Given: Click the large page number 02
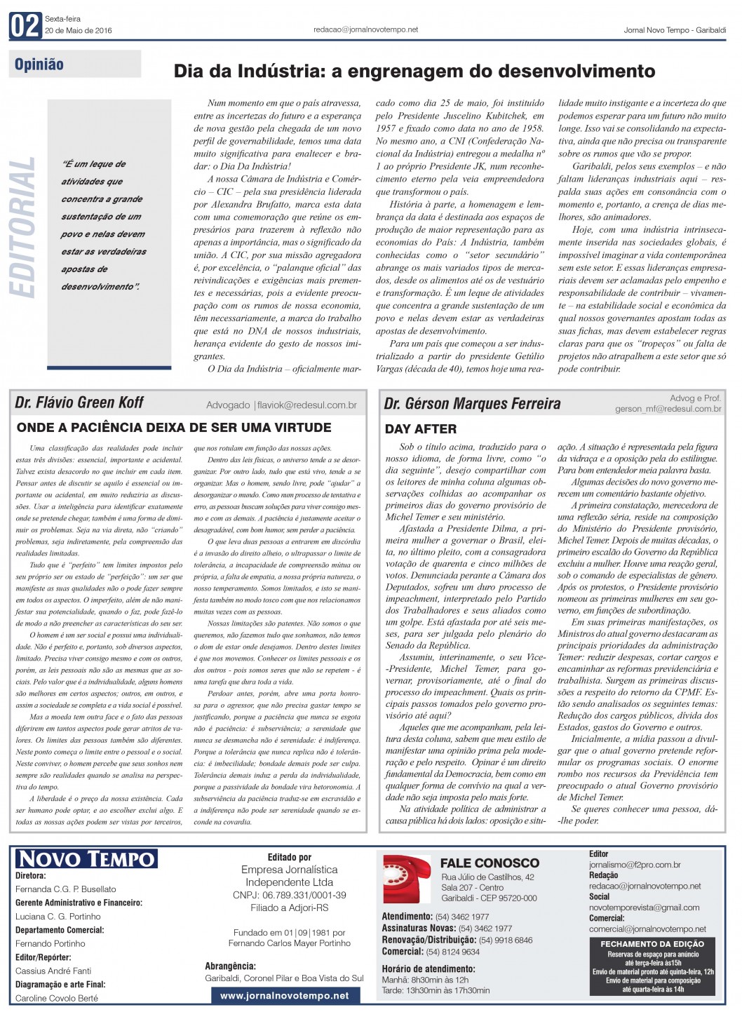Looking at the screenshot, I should coord(25,26).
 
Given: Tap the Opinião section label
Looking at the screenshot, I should coord(39,65).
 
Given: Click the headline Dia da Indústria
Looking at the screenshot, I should coord(414,71).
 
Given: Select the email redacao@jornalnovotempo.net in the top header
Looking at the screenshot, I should coord(366,29).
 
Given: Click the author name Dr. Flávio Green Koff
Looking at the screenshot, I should coord(79,403).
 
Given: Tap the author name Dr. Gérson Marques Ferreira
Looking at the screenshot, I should coord(472,403).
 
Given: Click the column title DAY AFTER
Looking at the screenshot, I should coord(421,429).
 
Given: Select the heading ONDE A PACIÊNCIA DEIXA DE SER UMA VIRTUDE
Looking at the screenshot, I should coord(174,427).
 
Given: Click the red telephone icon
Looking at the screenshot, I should coord(407,878).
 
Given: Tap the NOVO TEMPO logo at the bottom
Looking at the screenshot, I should coord(86,859).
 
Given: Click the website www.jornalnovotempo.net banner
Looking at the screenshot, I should coord(285,995).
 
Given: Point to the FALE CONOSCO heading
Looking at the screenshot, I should coord(490,863).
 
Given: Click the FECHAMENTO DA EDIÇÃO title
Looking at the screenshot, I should coord(652,944).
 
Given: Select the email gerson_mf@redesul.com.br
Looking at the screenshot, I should coord(668,409).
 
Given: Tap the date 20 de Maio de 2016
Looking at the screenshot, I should coord(79,31).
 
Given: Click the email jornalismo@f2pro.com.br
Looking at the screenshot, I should coord(635,865).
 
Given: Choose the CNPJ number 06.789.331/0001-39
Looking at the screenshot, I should coord(290,895).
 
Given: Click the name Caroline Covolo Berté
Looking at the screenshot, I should coord(57,998).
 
